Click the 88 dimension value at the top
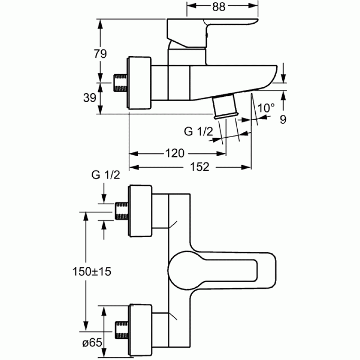click(219, 7)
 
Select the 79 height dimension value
click(100, 54)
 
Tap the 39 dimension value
click(90, 98)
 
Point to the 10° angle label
click(266, 108)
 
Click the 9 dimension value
click(283, 120)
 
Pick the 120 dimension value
click(175, 153)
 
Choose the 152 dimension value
click(199, 167)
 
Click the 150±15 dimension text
click(92, 272)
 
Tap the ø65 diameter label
click(92, 343)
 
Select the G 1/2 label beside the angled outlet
click(198, 131)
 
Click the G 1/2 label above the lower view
click(106, 175)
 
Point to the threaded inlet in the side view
click(121, 83)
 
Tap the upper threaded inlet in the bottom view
click(121, 211)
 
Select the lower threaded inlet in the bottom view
click(121, 330)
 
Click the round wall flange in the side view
click(139, 83)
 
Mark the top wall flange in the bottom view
click(140, 211)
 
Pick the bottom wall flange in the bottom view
click(140, 330)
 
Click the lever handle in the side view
click(212, 33)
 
